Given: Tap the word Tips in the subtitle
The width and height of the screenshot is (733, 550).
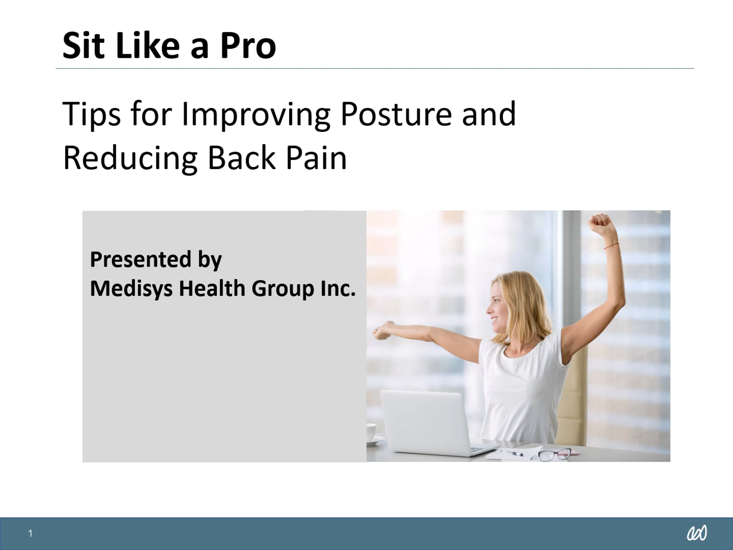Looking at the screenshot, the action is pyautogui.click(x=91, y=114).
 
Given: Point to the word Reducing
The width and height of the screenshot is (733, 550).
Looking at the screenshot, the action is pyautogui.click(x=130, y=159).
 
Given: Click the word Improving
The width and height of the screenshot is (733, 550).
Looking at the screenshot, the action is pyautogui.click(x=256, y=114).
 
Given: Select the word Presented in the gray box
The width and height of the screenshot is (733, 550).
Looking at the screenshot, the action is pyautogui.click(x=141, y=260).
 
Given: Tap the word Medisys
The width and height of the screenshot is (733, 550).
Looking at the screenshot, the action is pyautogui.click(x=131, y=289).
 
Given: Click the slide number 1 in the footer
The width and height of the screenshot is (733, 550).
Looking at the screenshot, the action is pyautogui.click(x=31, y=533).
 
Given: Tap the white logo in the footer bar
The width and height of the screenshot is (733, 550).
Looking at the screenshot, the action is pyautogui.click(x=697, y=533).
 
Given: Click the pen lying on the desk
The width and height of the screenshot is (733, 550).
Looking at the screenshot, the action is pyautogui.click(x=512, y=452).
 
